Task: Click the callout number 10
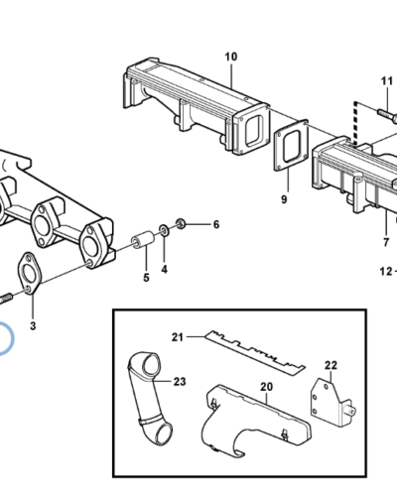pyautogui.click(x=231, y=57)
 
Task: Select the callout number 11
pyautogui.click(x=387, y=81)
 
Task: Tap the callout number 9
pyautogui.click(x=284, y=199)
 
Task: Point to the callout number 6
pyautogui.click(x=216, y=225)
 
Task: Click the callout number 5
pyautogui.click(x=146, y=278)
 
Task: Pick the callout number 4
pyautogui.click(x=165, y=270)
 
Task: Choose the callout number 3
pyautogui.click(x=33, y=326)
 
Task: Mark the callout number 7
pyautogui.click(x=386, y=242)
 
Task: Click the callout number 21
pyautogui.click(x=178, y=337)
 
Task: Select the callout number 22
pyautogui.click(x=331, y=365)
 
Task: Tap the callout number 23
pyautogui.click(x=180, y=382)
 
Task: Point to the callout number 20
pyautogui.click(x=266, y=387)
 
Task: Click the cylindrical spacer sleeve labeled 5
pyautogui.click(x=143, y=240)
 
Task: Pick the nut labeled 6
pyautogui.click(x=181, y=224)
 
